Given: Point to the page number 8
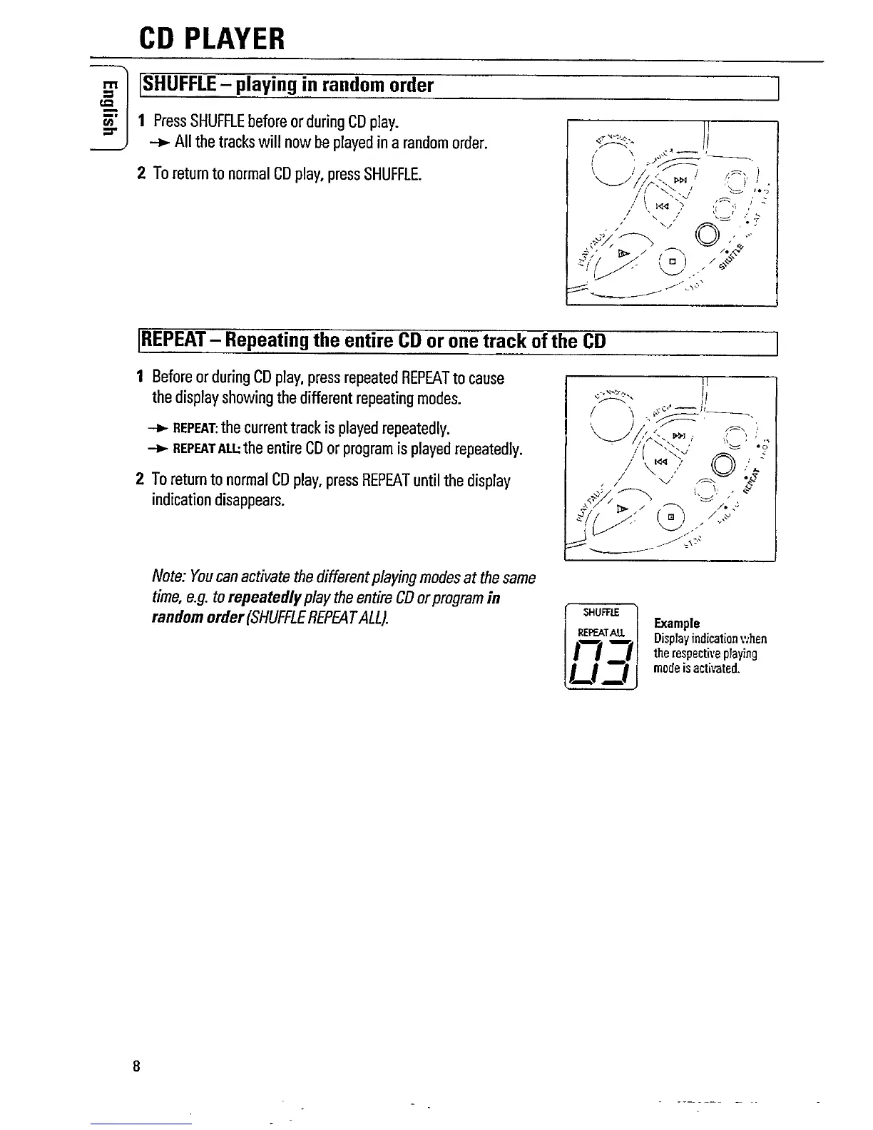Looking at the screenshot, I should coord(135,1067).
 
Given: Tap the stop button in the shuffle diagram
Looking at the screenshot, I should coord(671,262).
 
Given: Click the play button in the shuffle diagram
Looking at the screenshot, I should coord(624,253).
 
